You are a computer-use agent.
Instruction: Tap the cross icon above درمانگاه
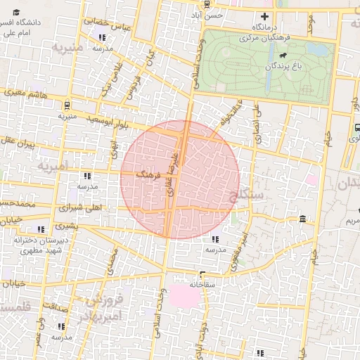click(x=264, y=16)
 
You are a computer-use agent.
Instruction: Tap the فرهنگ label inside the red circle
click(x=148, y=172)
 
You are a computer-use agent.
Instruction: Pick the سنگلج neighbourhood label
click(x=246, y=191)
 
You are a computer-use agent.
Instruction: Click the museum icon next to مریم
click(x=302, y=219)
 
